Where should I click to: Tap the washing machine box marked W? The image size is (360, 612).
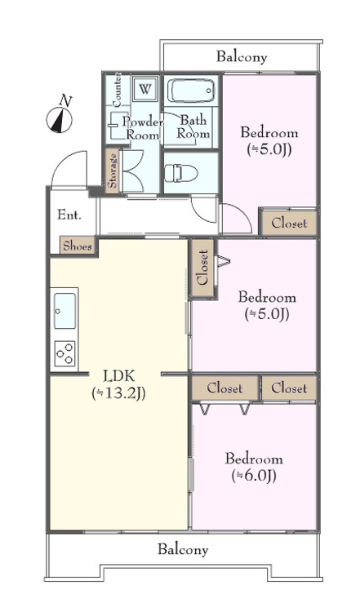(144, 89)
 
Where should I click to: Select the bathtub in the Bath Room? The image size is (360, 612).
(191, 91)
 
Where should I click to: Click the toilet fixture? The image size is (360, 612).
(180, 173)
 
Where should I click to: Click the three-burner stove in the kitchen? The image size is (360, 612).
(64, 353)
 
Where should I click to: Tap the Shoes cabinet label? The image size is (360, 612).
(78, 246)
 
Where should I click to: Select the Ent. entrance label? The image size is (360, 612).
(69, 215)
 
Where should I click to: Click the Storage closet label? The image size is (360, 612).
(113, 171)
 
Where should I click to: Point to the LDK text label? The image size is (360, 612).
(119, 376)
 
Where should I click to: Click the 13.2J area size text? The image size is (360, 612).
(118, 393)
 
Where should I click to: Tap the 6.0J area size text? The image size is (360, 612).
(254, 476)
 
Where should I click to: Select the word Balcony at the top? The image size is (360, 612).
(242, 57)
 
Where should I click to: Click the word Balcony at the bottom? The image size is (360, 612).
(183, 549)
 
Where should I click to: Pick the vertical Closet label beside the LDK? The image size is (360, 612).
(203, 268)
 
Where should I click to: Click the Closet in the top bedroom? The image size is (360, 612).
(289, 224)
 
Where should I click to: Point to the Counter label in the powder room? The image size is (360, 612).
(117, 90)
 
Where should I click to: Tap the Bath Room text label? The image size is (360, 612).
(193, 126)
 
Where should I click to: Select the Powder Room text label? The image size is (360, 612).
(143, 128)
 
